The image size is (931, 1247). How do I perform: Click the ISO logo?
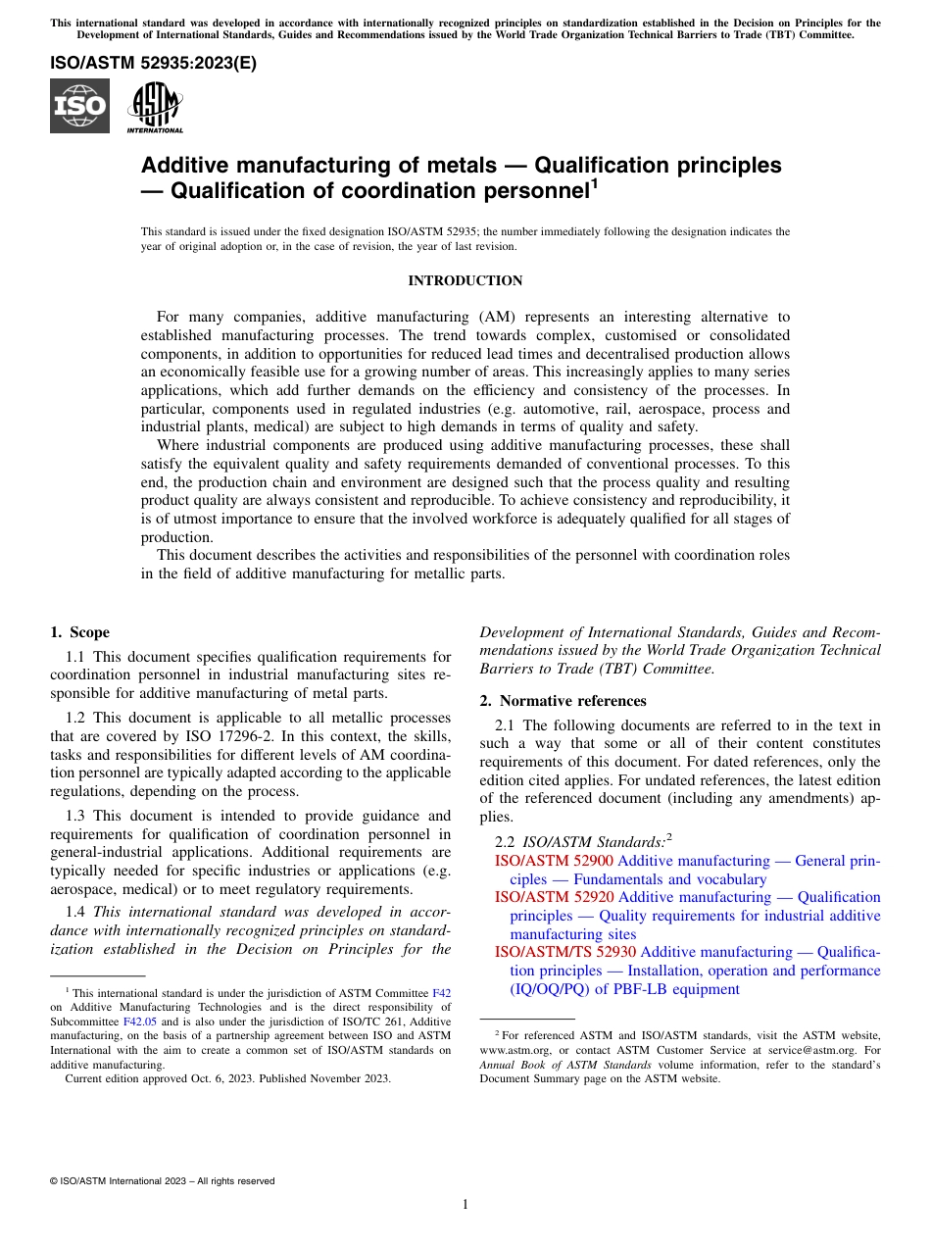tap(79, 106)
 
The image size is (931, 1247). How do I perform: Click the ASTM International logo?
tap(155, 106)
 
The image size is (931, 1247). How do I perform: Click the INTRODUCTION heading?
tap(465, 281)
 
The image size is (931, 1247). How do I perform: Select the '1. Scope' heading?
tap(79, 632)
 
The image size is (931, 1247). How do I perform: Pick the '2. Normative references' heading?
tap(563, 701)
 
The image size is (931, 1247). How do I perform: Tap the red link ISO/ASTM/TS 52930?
tap(565, 952)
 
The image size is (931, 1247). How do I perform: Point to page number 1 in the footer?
tap(465, 1204)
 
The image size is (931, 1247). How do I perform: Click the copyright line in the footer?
tap(162, 1181)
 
